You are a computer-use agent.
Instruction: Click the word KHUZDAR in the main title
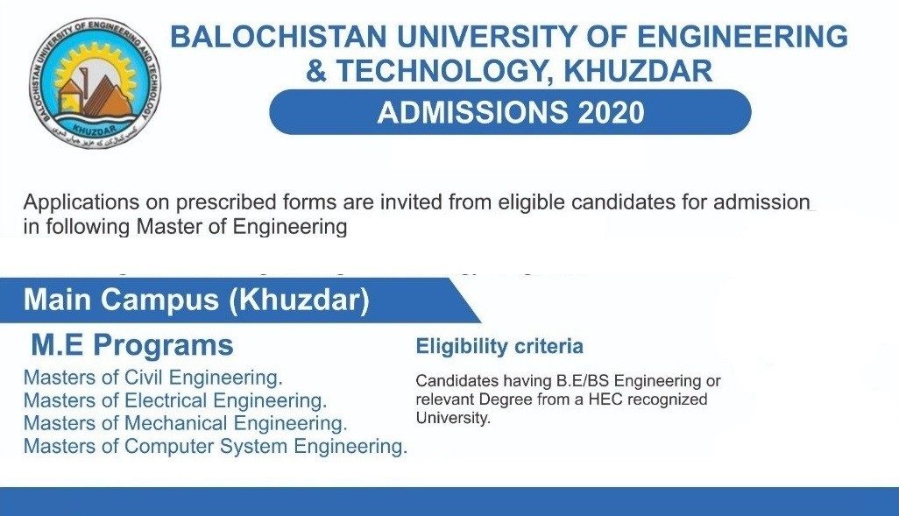[x=638, y=72]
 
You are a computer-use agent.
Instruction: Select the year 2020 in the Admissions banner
[x=612, y=112]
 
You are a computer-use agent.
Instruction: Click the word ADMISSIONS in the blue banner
[x=473, y=112]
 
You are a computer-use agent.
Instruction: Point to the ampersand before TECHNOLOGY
[x=316, y=72]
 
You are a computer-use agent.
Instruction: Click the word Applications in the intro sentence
[x=81, y=203]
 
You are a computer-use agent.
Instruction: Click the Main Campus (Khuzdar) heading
[x=196, y=300]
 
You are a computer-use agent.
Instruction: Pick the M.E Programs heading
[x=131, y=345]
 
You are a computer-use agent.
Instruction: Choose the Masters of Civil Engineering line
[x=153, y=378]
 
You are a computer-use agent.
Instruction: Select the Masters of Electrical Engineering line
[x=175, y=400]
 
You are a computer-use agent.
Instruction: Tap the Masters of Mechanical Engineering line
[x=185, y=423]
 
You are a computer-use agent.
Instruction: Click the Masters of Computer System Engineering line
[x=216, y=446]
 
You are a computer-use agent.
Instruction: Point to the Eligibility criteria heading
[x=499, y=346]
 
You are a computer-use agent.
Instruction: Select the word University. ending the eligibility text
[x=453, y=418]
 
